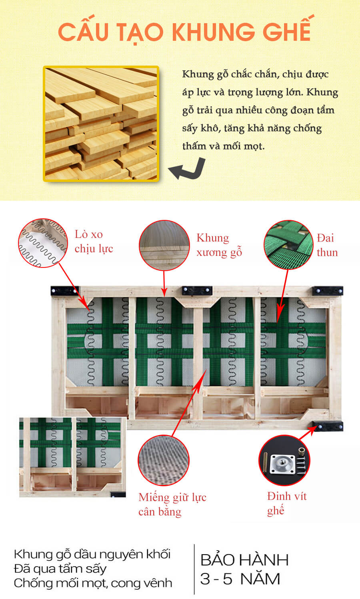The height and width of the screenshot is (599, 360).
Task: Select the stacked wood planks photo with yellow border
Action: tap(101, 124)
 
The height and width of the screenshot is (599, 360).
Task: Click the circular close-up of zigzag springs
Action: tap(43, 243)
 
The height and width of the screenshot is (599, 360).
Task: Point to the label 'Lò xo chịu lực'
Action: tap(94, 242)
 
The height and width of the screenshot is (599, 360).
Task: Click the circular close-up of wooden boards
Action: tap(164, 245)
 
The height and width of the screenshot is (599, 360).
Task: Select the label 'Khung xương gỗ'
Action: tap(219, 245)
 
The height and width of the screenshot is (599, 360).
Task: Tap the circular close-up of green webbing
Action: tap(288, 245)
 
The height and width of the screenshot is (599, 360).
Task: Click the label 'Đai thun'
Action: tap(327, 245)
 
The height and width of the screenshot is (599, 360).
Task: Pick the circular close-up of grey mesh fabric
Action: tap(164, 460)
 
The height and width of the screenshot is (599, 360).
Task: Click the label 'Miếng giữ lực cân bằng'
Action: tap(172, 504)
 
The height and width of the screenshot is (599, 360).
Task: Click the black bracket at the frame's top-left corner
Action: tap(64, 291)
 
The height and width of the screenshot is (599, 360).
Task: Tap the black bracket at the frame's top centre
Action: tap(197, 291)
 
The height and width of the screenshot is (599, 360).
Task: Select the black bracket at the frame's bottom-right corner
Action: tap(328, 426)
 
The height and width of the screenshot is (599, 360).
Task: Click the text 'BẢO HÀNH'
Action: tap(244, 560)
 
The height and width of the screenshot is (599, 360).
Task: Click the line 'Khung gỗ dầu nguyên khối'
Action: tap(92, 554)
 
